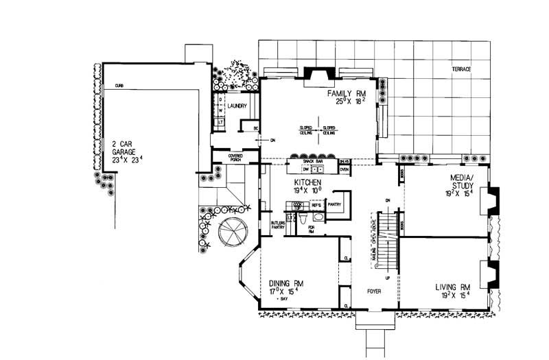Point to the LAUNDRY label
tap(238, 106)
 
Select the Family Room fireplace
tap(317, 74)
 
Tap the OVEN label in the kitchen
tap(345, 169)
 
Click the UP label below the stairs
tap(387, 278)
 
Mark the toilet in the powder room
tap(290, 218)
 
